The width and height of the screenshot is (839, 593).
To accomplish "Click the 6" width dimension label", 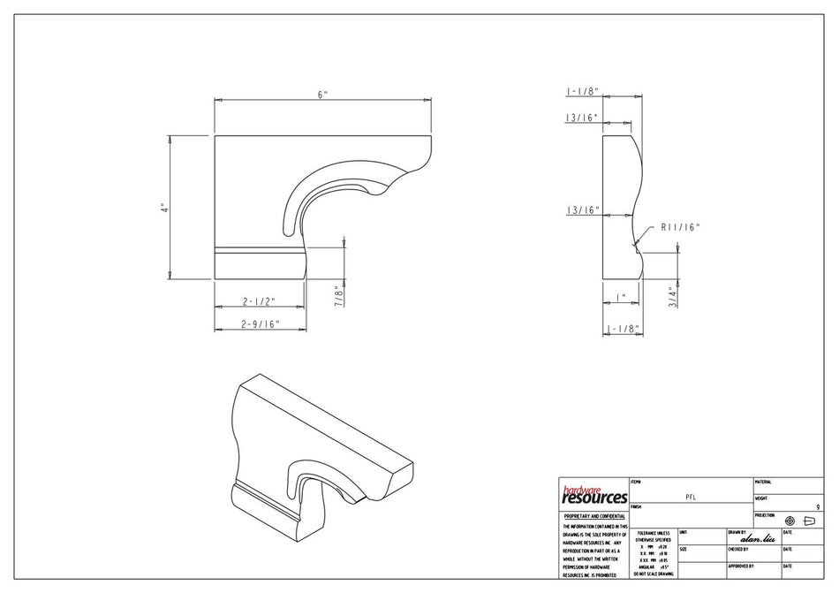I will pos(324,94).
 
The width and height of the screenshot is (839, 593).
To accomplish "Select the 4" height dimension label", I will pos(163,209).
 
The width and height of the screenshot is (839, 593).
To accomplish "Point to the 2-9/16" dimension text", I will pos(260,323).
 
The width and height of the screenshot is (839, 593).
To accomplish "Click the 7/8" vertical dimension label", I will pos(336,293).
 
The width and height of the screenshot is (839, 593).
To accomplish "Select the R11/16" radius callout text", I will pos(680,227).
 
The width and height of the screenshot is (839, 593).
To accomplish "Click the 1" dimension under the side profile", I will pos(622,297).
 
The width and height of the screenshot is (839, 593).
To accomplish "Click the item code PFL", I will pos(691,498).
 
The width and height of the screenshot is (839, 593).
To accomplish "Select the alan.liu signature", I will pos(757,538).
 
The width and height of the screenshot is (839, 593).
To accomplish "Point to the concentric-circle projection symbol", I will pos(790,521).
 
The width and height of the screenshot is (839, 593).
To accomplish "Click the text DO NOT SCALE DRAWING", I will pos(653,574).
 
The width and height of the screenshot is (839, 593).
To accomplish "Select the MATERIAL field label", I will pos(763,482).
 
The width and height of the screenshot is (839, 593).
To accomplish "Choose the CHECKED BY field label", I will pos(739,549).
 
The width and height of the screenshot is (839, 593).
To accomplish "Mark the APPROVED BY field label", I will pos(740,566).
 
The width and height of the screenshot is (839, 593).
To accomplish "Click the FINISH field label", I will pos(637,506).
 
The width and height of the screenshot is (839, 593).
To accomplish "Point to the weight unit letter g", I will pos(818,506).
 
